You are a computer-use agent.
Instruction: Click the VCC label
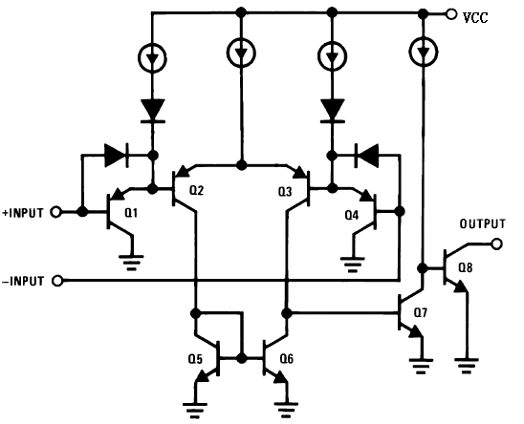click(x=475, y=17)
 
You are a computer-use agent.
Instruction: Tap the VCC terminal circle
click(x=451, y=14)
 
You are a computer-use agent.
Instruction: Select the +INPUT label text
click(x=23, y=213)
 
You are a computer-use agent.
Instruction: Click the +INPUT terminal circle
click(x=55, y=212)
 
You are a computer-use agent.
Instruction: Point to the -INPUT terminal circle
click(x=57, y=281)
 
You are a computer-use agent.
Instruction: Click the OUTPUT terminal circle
click(x=497, y=244)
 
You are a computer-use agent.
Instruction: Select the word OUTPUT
click(x=483, y=224)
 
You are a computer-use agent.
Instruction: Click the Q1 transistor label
click(x=131, y=213)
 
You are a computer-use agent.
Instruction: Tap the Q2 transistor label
click(x=197, y=190)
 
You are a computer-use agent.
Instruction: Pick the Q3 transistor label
click(x=285, y=192)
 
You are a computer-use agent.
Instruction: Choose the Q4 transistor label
click(x=352, y=215)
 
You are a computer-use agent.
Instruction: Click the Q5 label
click(x=195, y=359)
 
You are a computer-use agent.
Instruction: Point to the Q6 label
click(x=287, y=359)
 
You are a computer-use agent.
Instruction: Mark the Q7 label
click(x=421, y=313)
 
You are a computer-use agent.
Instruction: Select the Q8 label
click(x=466, y=267)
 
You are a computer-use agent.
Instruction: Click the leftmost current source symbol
click(x=152, y=58)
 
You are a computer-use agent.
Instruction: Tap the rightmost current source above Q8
click(x=424, y=52)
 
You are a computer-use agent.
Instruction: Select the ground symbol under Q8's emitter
click(x=467, y=366)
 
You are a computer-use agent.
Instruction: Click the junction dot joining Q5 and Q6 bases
click(x=241, y=358)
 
